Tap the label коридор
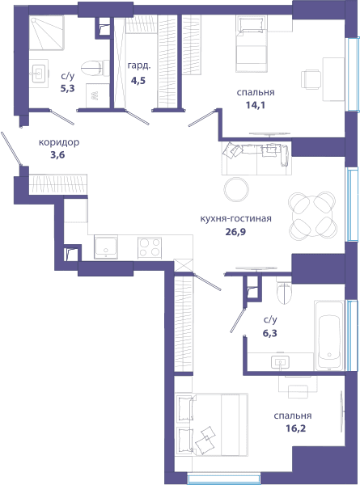click(59, 142)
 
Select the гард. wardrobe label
click(139, 65)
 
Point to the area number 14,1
click(256, 105)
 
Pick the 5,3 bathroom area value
click(67, 89)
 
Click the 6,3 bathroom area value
click(270, 333)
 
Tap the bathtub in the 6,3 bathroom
click(329, 335)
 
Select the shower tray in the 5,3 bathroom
click(46, 33)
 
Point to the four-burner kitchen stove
click(150, 248)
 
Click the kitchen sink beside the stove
click(106, 247)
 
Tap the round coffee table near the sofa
click(236, 189)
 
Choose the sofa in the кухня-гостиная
click(256, 158)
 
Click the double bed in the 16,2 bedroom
click(212, 424)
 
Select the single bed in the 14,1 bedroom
click(252, 44)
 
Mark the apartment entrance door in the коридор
click(11, 149)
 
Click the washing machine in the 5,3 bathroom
click(98, 95)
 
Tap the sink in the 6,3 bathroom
click(281, 361)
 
